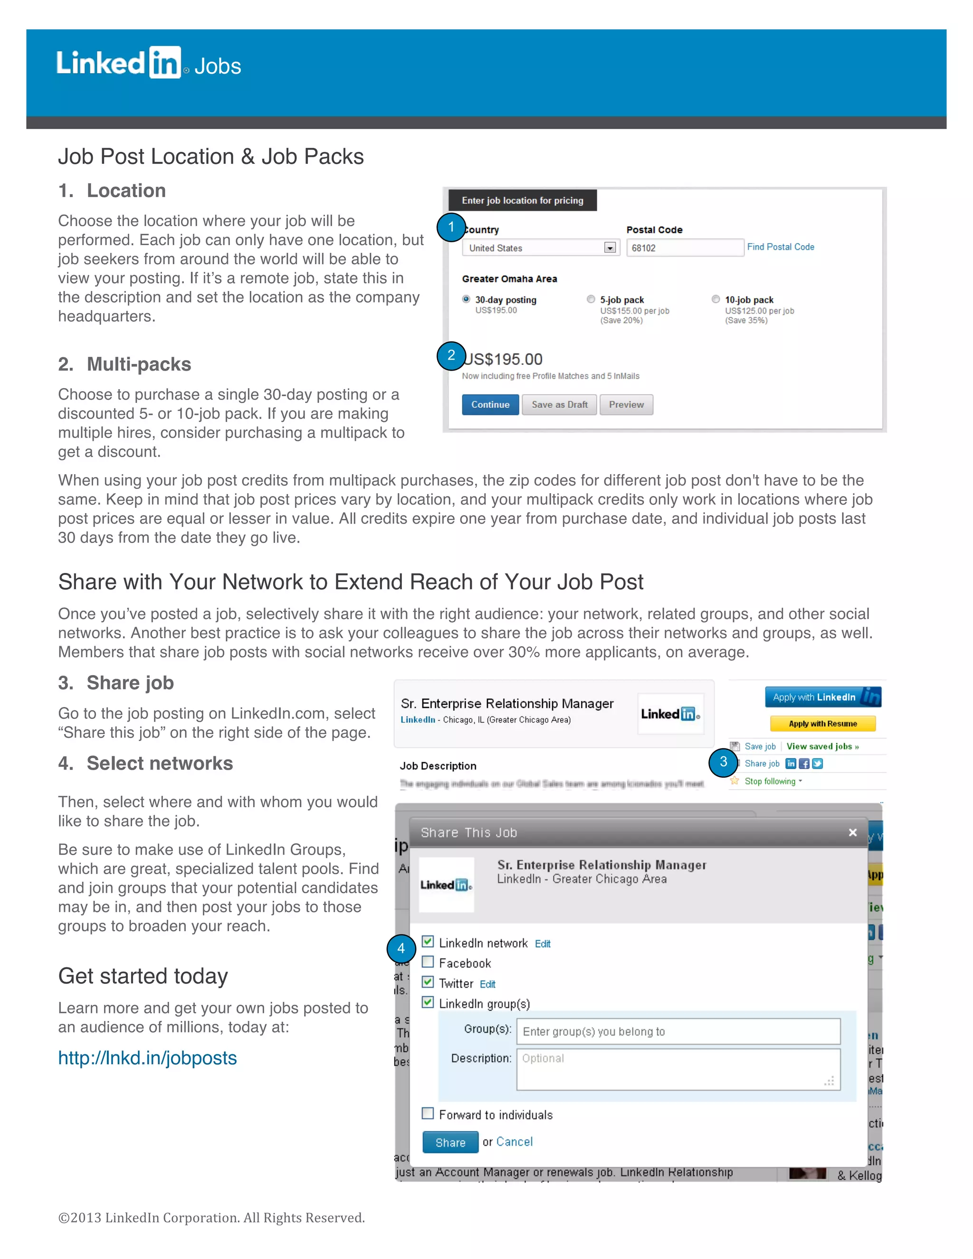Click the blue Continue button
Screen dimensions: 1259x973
click(490, 405)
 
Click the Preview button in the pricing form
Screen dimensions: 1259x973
click(626, 405)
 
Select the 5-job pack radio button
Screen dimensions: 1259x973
click(591, 299)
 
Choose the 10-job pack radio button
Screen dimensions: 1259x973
click(715, 299)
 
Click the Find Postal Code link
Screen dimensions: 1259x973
click(781, 247)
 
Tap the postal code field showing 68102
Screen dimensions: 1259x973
click(684, 248)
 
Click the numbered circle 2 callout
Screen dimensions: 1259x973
click(451, 356)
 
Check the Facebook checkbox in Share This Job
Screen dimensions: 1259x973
click(428, 962)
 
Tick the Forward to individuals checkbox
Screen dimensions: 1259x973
click(428, 1113)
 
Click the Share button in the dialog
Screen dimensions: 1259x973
click(450, 1143)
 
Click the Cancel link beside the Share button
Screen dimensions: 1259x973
click(514, 1142)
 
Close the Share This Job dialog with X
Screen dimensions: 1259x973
click(852, 832)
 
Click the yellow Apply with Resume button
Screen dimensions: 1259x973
click(822, 724)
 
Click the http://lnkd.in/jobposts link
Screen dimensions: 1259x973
click(148, 1059)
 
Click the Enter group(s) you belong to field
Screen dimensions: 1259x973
click(678, 1031)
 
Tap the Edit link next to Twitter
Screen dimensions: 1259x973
click(487, 984)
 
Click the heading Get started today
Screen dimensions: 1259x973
click(143, 976)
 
